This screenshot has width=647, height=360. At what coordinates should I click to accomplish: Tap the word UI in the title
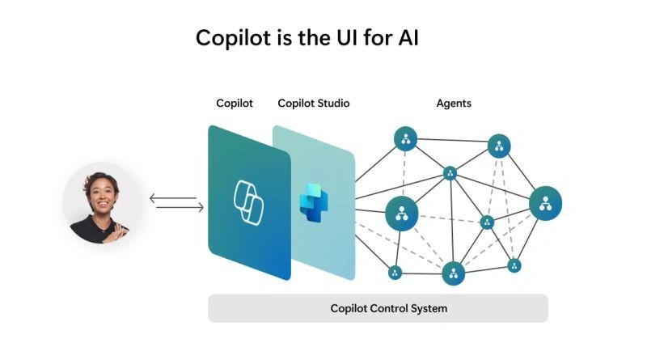tap(363, 37)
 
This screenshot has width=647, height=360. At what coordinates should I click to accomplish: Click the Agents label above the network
tap(454, 104)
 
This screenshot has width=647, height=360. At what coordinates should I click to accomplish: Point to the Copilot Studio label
tap(314, 104)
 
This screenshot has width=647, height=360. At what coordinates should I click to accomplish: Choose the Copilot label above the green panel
tap(235, 104)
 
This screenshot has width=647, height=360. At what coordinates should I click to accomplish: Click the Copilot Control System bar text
tap(388, 308)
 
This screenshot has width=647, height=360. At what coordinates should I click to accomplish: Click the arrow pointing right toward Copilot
tap(180, 208)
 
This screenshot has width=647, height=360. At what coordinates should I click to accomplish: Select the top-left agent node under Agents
tap(405, 138)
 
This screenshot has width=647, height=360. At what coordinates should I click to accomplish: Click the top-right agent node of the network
tap(499, 146)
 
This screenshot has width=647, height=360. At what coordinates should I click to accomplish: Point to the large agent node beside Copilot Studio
tap(400, 213)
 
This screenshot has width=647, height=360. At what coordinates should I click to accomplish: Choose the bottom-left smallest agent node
tap(395, 273)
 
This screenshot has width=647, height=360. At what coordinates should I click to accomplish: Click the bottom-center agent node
tap(453, 273)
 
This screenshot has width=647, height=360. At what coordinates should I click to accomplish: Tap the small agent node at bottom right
tap(514, 265)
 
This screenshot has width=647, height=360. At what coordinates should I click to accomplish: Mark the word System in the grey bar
tap(428, 308)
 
